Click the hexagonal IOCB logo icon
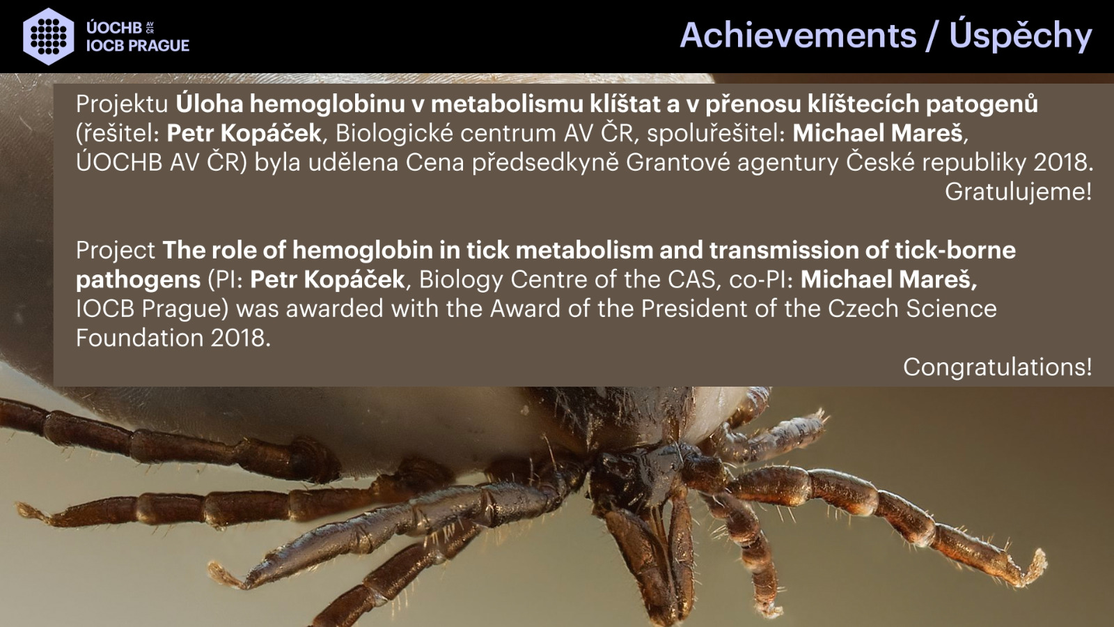[49, 36]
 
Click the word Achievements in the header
[798, 36]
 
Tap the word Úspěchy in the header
[1021, 35]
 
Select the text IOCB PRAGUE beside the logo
[138, 46]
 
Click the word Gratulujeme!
[1018, 192]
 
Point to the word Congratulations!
[997, 367]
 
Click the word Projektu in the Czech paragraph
[122, 104]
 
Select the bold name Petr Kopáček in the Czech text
[244, 133]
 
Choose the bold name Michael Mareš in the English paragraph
[888, 279]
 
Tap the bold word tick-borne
[955, 250]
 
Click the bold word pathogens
[139, 280]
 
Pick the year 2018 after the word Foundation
[240, 338]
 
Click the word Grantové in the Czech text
[678, 162]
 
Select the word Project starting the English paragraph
[116, 251]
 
